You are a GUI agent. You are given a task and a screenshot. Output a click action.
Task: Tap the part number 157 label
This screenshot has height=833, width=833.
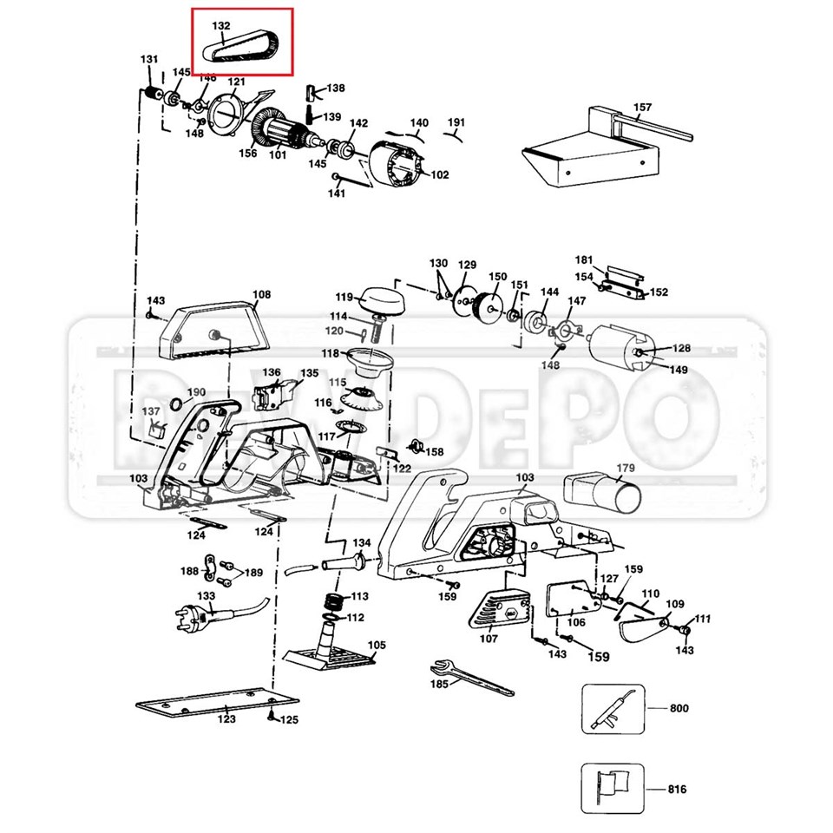pos(642,108)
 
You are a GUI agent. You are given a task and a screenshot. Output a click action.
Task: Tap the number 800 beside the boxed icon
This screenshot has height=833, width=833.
pos(679,708)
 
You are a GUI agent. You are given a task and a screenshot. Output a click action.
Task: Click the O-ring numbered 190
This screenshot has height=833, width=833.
pos(176,404)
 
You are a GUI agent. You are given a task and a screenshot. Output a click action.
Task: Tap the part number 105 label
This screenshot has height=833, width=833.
pos(377,646)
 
